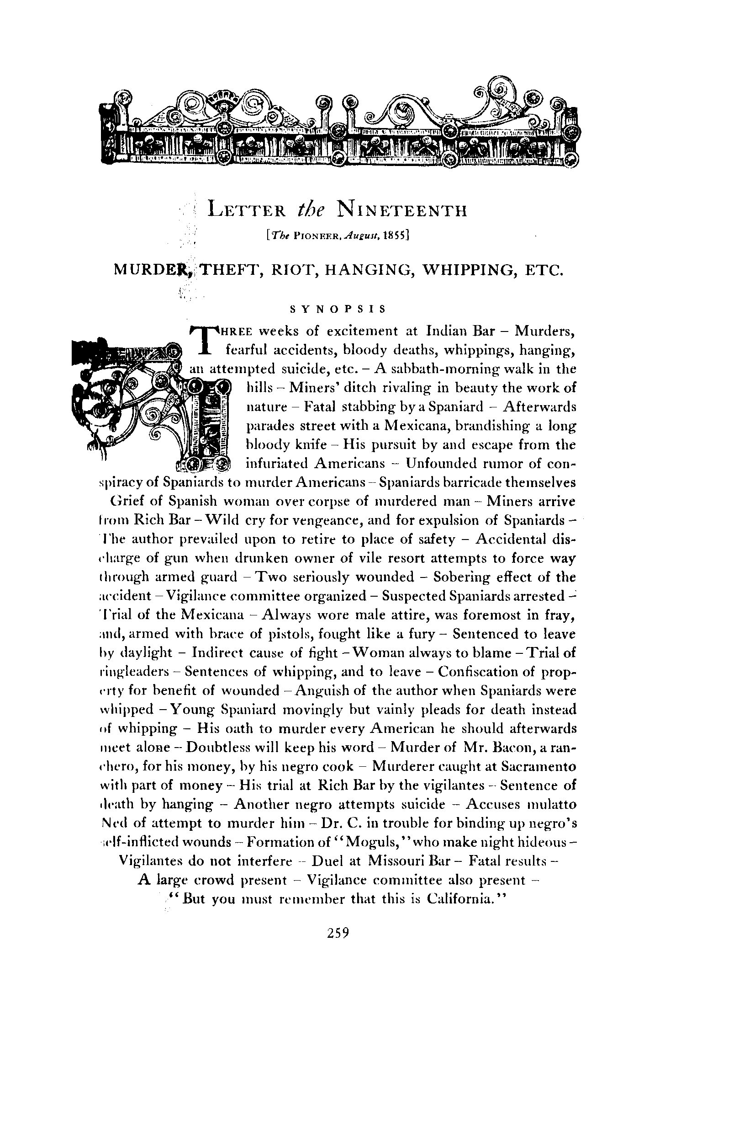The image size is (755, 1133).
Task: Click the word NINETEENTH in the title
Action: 402,210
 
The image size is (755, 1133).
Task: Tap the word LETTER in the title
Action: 247,211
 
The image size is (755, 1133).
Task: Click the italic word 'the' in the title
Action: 311,210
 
